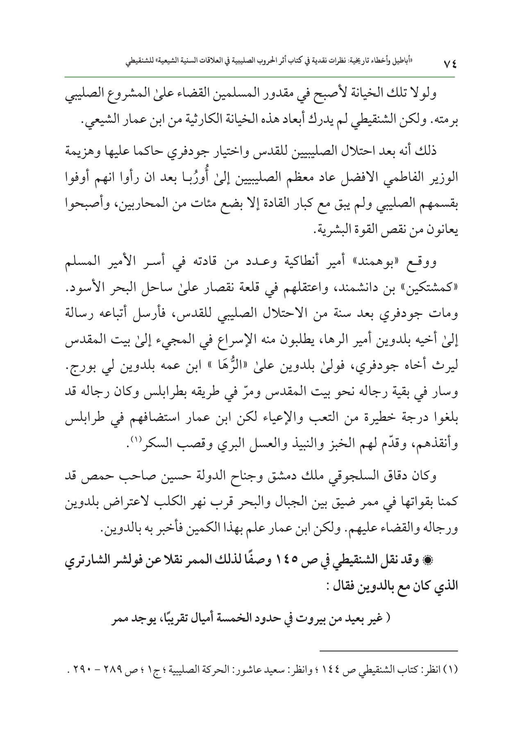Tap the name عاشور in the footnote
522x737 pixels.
coord(246,670)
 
